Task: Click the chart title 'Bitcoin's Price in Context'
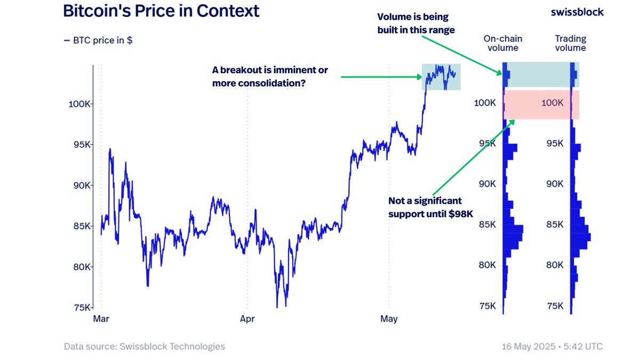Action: (x=161, y=11)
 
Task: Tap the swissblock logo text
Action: (x=577, y=12)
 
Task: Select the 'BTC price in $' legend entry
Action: (x=98, y=40)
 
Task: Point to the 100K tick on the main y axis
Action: (x=81, y=104)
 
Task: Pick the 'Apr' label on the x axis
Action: (x=247, y=319)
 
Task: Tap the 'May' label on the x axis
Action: (x=389, y=319)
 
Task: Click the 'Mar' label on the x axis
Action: (x=101, y=319)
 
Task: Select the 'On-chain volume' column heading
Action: (x=503, y=43)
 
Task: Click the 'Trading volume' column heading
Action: (x=570, y=43)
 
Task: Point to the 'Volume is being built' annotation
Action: (x=416, y=23)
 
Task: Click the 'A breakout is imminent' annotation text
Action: (x=270, y=77)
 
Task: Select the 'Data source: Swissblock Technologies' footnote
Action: (x=144, y=347)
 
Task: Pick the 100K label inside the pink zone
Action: (x=552, y=103)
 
